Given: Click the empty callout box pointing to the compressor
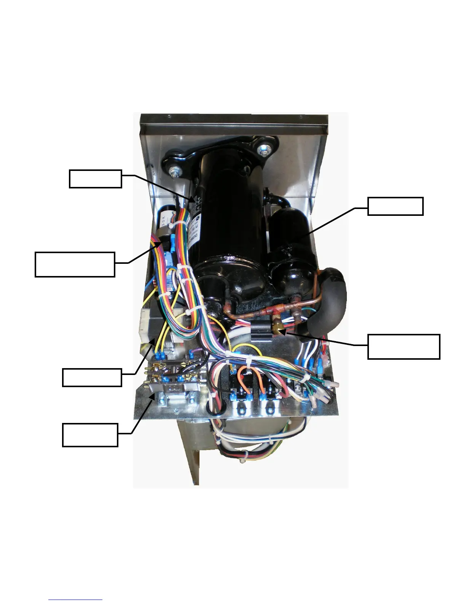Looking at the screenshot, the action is tap(95, 179).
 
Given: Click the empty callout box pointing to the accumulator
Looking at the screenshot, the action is tap(395, 206).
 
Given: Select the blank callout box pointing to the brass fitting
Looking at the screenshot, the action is tap(404, 346).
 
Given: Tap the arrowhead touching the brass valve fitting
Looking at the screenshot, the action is tap(284, 333).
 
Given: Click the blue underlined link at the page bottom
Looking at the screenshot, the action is tap(75, 600).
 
